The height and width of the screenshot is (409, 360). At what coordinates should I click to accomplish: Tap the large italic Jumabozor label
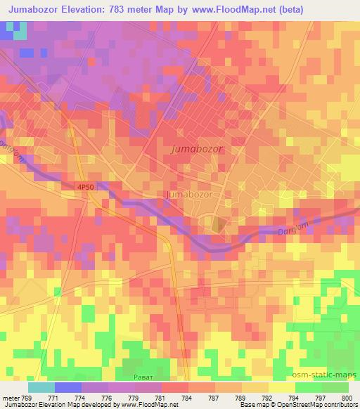click(197, 150)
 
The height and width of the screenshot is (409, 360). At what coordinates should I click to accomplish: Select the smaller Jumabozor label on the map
click(188, 193)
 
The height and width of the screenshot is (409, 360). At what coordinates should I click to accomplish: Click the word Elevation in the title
click(88, 10)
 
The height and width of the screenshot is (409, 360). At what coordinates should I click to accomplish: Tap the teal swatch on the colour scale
click(41, 387)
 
